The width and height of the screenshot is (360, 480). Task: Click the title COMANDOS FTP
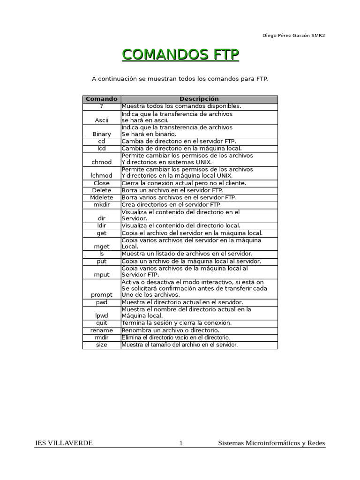point(180,55)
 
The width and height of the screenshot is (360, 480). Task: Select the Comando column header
point(102,99)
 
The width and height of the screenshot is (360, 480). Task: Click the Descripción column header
point(199,99)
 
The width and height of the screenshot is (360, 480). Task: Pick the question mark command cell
point(102,106)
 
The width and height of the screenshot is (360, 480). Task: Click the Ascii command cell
point(102,120)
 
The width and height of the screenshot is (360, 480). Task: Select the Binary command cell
point(102,134)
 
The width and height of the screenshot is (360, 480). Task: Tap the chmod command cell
point(102,162)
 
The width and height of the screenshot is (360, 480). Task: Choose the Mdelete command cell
point(102,197)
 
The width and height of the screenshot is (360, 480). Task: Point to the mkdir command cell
point(102,204)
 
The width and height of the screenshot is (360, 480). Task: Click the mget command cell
point(102,246)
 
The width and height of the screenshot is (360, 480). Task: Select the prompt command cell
point(102,295)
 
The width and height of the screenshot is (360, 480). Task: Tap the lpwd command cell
point(102,316)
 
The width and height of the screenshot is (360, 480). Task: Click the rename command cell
point(102,330)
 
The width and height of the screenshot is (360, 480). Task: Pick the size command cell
point(102,345)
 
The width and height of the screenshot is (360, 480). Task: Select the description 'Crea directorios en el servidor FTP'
point(172,204)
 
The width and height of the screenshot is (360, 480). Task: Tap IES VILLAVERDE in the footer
point(64,443)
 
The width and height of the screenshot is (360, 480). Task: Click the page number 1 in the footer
point(181,443)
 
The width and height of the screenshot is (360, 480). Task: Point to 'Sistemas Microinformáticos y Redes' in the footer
point(271,443)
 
